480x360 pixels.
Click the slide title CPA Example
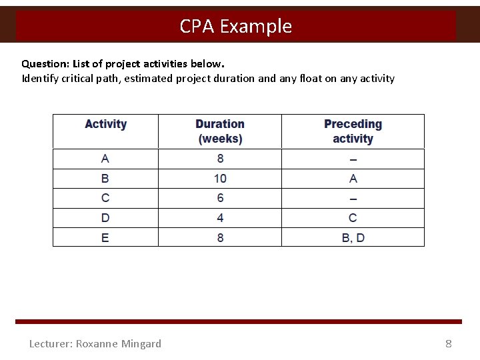point(235,26)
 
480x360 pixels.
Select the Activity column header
point(105,124)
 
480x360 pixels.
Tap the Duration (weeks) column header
point(220,131)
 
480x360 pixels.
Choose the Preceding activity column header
point(353,131)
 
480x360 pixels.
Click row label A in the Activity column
point(105,159)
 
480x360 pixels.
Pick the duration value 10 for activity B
point(220,179)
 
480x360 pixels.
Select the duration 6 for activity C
point(220,198)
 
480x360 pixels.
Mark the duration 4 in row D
point(220,218)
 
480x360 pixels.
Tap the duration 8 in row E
point(220,238)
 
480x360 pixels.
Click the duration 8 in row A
point(220,159)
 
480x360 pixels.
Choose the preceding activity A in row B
point(353,179)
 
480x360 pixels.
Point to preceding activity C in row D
point(353,218)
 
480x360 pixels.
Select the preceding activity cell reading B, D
point(353,238)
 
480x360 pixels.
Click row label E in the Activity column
point(105,238)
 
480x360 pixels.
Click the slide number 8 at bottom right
point(449,344)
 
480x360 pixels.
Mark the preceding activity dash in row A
point(353,159)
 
